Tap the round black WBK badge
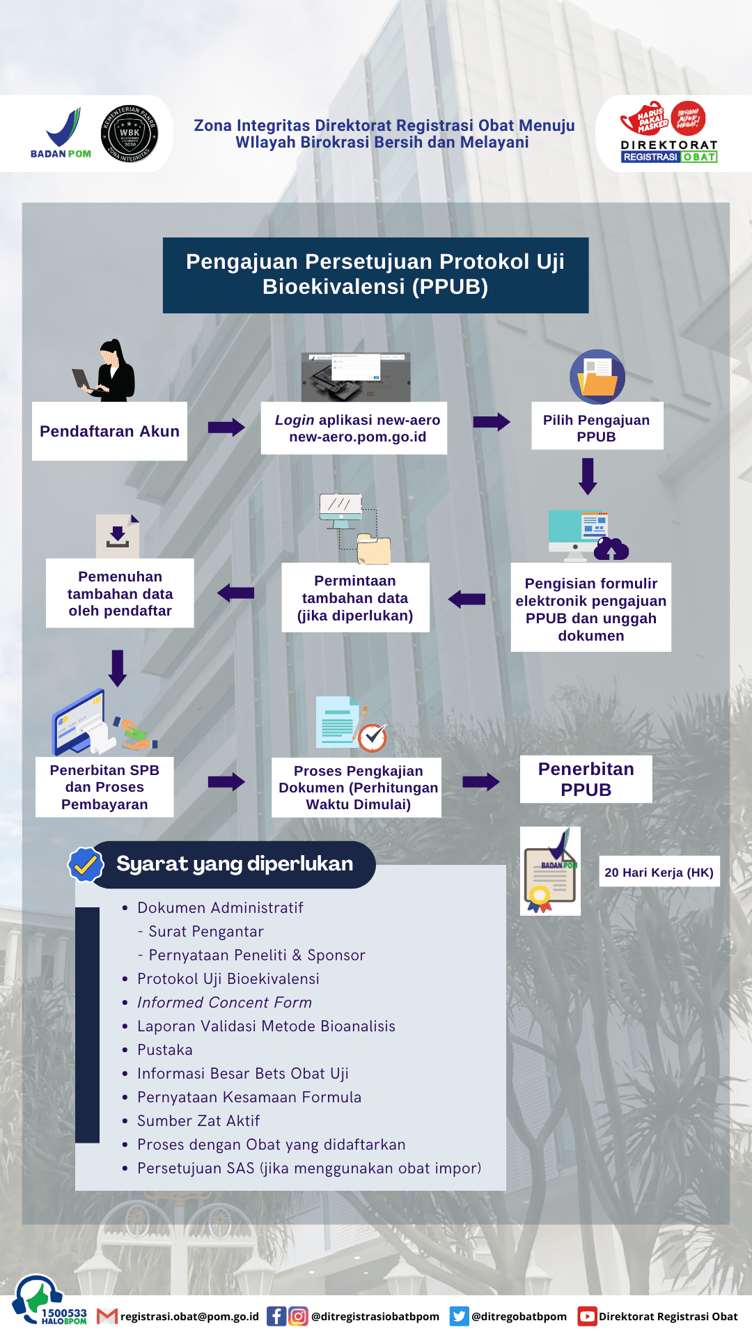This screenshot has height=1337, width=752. pyautogui.click(x=130, y=134)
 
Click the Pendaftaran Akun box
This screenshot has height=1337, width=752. pyautogui.click(x=109, y=431)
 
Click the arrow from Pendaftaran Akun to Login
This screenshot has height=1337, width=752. pyautogui.click(x=226, y=427)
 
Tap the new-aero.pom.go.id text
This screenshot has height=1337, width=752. pyautogui.click(x=357, y=437)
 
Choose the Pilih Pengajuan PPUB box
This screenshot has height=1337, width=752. pyautogui.click(x=597, y=428)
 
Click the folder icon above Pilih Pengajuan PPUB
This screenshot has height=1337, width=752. pyautogui.click(x=597, y=377)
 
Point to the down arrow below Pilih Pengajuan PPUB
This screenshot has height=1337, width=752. pyautogui.click(x=588, y=476)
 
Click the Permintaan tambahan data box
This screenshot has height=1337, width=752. pyautogui.click(x=355, y=597)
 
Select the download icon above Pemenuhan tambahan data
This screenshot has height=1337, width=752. pyautogui.click(x=118, y=535)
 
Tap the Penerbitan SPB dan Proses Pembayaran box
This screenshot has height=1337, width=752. pyautogui.click(x=104, y=787)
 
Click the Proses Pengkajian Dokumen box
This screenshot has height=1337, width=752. pyautogui.click(x=358, y=787)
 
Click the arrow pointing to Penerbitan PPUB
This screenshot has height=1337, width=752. pyautogui.click(x=481, y=781)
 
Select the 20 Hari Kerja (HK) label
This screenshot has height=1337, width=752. pyautogui.click(x=659, y=872)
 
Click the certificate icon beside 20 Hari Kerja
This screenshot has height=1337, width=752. pyautogui.click(x=550, y=871)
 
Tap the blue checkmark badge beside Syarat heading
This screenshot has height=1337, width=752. pyautogui.click(x=86, y=864)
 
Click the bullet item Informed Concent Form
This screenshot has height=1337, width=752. pyautogui.click(x=224, y=1002)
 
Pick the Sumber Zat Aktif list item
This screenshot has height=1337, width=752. pyautogui.click(x=198, y=1120)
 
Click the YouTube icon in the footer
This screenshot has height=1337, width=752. pyautogui.click(x=587, y=1316)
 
